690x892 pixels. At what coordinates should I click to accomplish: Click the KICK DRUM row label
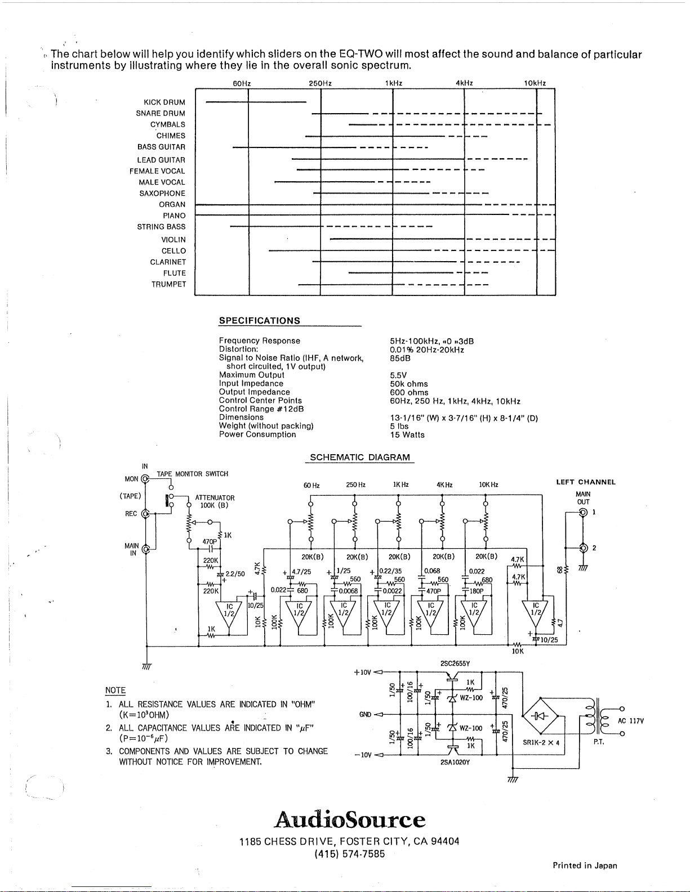point(164,102)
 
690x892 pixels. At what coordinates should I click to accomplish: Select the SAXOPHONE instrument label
point(162,194)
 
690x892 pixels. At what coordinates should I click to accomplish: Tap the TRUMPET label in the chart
point(168,285)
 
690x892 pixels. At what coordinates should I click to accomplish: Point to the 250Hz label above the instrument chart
point(320,83)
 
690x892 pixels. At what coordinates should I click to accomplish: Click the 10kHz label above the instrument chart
point(535,83)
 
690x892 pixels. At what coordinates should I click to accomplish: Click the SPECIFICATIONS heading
point(259,321)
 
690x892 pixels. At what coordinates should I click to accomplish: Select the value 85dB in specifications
point(400,358)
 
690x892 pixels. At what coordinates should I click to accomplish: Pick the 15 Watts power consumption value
point(407,435)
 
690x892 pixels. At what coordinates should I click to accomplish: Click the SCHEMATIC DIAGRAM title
point(360,458)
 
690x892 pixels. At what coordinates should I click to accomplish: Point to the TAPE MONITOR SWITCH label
point(192,474)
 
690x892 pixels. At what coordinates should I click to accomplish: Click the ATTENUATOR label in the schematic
point(215,498)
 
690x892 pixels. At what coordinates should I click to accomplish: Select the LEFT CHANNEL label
point(586,482)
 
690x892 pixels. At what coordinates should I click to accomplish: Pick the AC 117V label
point(630,721)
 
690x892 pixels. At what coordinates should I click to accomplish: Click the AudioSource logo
point(350,819)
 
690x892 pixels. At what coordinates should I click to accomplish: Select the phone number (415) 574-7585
point(350,854)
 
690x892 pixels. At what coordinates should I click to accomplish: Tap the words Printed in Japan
point(585,866)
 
